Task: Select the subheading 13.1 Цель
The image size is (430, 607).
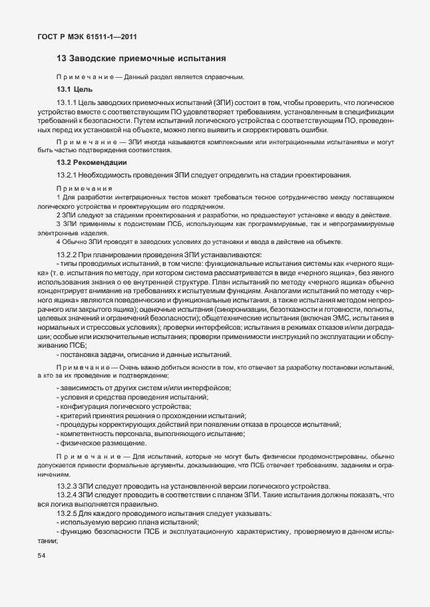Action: [x=75, y=89]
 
